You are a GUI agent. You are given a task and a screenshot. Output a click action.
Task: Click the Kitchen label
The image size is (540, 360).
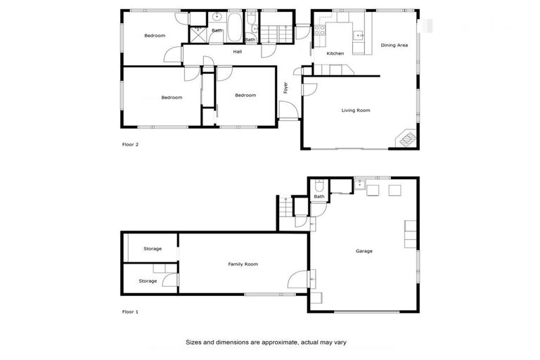point(335,53)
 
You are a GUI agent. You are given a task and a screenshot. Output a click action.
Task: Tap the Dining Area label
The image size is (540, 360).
point(394,45)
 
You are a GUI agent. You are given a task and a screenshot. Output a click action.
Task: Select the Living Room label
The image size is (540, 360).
point(356,110)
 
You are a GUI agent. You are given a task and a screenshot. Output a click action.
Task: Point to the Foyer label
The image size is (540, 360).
point(285,89)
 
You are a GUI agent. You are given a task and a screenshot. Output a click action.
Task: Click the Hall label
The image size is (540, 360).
point(238,51)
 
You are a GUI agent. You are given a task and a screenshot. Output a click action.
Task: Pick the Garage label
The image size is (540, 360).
point(364,251)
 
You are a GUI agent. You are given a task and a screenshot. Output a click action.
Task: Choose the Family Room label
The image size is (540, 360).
point(243,264)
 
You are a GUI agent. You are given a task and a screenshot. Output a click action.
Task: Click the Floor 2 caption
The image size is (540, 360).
point(130,145)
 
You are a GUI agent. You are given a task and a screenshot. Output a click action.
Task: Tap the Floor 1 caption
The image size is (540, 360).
point(130,311)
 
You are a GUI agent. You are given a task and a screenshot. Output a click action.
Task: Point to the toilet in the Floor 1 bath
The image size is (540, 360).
point(319,186)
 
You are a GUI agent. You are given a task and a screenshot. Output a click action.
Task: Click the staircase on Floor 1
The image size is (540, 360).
point(284,207)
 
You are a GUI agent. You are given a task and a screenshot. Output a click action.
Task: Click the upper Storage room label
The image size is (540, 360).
point(153,249)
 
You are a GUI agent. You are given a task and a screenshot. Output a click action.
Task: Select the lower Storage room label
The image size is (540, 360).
point(148,281)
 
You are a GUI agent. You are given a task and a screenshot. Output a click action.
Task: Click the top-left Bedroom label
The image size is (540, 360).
point(155,36)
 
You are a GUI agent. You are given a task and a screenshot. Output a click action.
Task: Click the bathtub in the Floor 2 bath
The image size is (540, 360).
point(235,24)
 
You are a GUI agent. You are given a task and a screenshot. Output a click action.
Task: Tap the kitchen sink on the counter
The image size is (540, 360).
point(359,33)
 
